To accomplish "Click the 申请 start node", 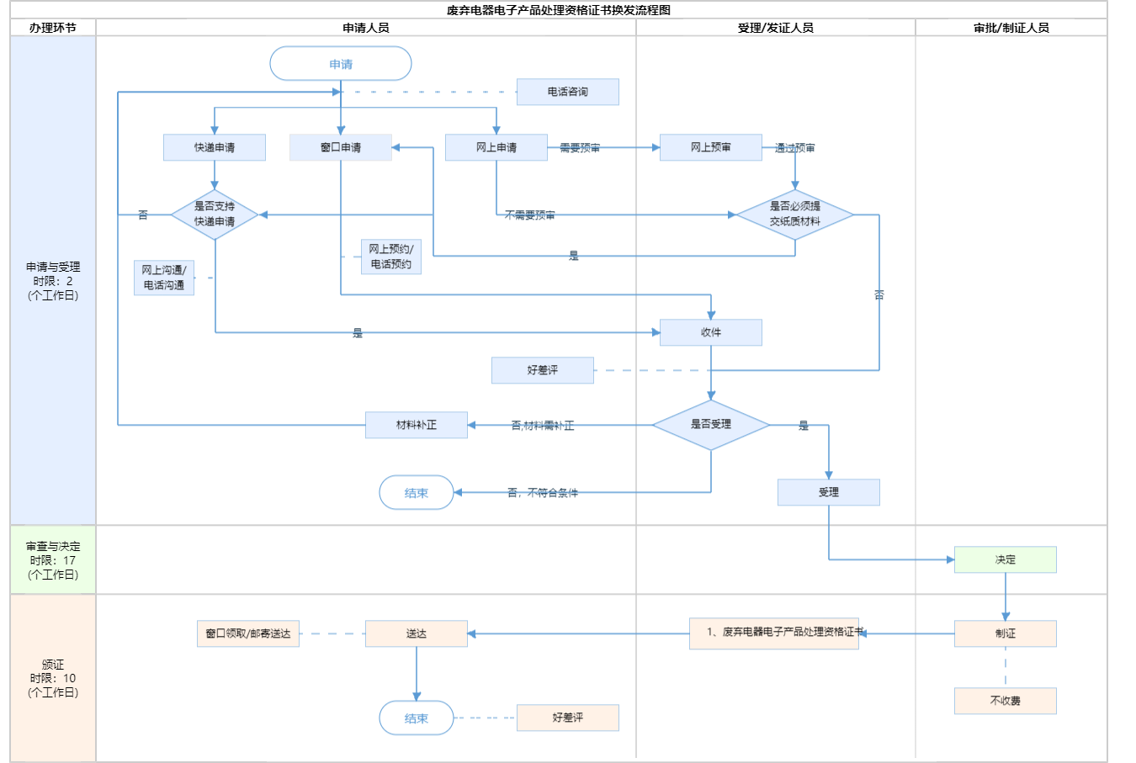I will pos(341,64).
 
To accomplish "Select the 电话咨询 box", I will pos(567,92).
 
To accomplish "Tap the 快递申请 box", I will pos(215,147).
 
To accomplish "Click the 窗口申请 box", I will pos(341,147).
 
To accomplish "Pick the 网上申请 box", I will pos(496,147).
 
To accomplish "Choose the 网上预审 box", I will pos(711,147).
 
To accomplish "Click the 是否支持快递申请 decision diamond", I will pos(215,215).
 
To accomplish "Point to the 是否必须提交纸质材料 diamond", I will pos(795,215).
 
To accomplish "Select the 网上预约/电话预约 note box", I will pos(391,257).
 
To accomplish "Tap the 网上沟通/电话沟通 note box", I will pos(164,278).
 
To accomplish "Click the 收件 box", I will pos(711,332).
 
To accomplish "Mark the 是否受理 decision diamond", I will pos(711,425).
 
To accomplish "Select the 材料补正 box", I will pos(417,425).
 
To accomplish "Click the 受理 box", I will pos(829,492).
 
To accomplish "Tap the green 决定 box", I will pos(1006,559).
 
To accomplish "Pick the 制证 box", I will pos(1006,633).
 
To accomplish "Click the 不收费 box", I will pos(1006,701).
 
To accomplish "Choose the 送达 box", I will pos(417,633).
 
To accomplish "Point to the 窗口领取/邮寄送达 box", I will pos(248,633).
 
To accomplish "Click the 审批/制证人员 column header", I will pos(1011,28).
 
